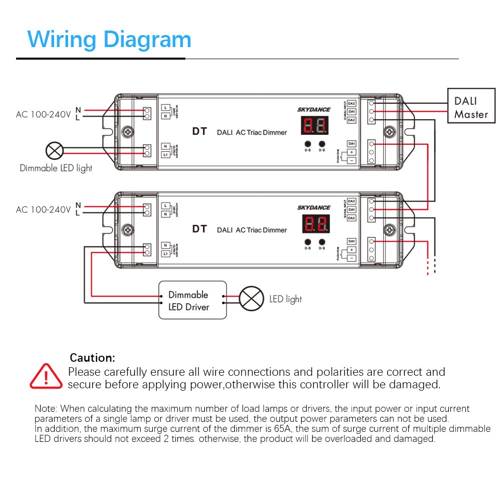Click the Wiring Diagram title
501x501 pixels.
tap(109, 40)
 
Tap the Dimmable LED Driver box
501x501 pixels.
tap(192, 301)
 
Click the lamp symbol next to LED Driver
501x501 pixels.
tap(252, 299)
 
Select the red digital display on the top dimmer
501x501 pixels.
tap(315, 125)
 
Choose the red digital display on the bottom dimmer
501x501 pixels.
tap(316, 223)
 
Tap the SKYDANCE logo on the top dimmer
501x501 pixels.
tap(314, 109)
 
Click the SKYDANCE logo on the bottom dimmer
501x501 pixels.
tap(314, 207)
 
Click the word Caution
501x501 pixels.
tap(92, 358)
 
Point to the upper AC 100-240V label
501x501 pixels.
tap(43, 114)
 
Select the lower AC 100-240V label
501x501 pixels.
tap(43, 209)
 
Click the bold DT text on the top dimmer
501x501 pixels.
tap(199, 132)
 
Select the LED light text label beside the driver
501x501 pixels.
tap(286, 299)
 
